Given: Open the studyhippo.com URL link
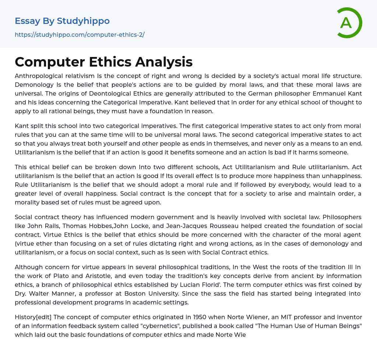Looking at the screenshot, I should click(x=80, y=35).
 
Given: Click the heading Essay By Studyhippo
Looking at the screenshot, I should click(x=62, y=21).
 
